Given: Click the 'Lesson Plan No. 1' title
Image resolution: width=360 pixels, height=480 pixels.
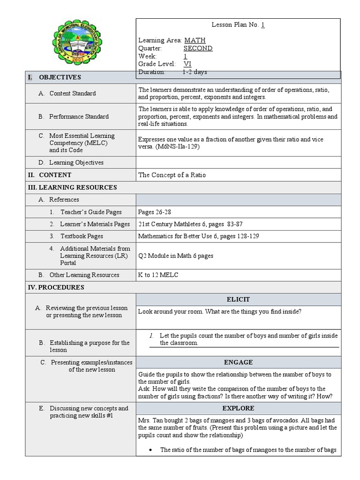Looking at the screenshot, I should (238, 25).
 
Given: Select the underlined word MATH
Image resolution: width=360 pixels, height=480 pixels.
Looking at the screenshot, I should (195, 41).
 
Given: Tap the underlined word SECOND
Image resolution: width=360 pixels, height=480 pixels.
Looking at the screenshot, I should (198, 48).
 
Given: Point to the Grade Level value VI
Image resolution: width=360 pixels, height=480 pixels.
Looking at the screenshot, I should (187, 64).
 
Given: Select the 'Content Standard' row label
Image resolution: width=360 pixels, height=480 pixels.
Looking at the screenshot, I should (72, 93).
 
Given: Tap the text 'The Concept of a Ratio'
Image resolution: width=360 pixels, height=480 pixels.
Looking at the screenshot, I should (172, 175).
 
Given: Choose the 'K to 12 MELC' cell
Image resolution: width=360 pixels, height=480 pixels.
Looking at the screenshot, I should (158, 275).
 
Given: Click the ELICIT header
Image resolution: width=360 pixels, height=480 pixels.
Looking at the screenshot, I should (238, 300).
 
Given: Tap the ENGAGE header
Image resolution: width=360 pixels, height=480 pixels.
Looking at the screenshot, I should (238, 362).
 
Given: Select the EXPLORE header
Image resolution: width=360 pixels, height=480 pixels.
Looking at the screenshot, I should (238, 408).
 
